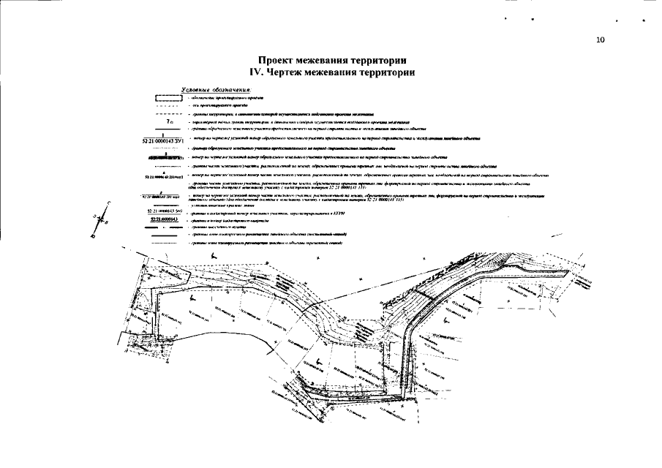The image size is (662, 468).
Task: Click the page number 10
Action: tap(600, 40)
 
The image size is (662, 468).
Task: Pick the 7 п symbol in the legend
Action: tap(169, 121)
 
